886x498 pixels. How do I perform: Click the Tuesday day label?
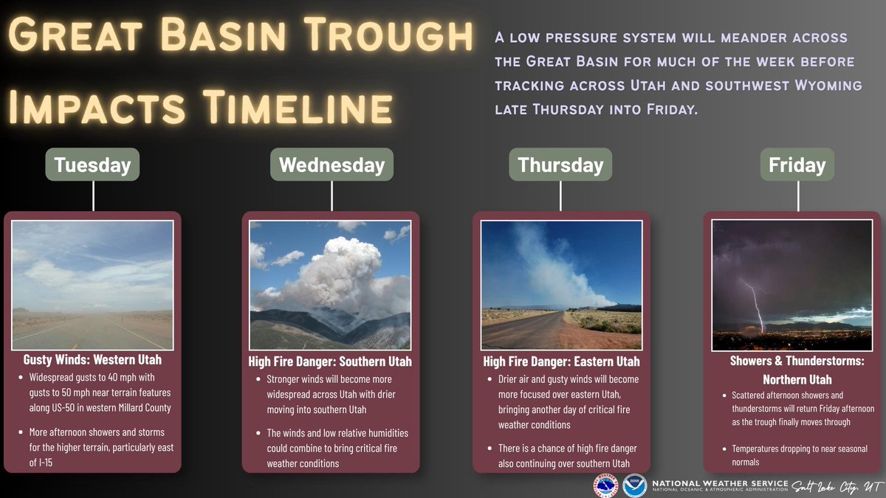click(x=92, y=165)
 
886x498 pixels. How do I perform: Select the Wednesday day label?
click(x=332, y=165)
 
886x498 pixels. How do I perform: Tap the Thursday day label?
click(x=560, y=165)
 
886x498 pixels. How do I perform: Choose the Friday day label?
click(x=797, y=165)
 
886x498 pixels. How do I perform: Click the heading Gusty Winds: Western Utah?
click(x=92, y=360)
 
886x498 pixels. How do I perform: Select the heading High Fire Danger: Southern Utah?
click(x=330, y=362)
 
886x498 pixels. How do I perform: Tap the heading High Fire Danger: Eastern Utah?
click(x=561, y=362)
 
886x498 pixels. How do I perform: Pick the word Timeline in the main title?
click(x=298, y=107)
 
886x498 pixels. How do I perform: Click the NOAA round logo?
click(x=634, y=485)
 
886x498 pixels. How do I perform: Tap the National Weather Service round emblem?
click(x=605, y=485)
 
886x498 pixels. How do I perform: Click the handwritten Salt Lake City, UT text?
click(x=837, y=486)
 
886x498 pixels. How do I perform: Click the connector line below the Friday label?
click(x=798, y=196)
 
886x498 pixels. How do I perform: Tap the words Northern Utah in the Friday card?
click(x=797, y=379)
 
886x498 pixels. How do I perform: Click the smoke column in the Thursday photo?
click(x=554, y=269)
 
